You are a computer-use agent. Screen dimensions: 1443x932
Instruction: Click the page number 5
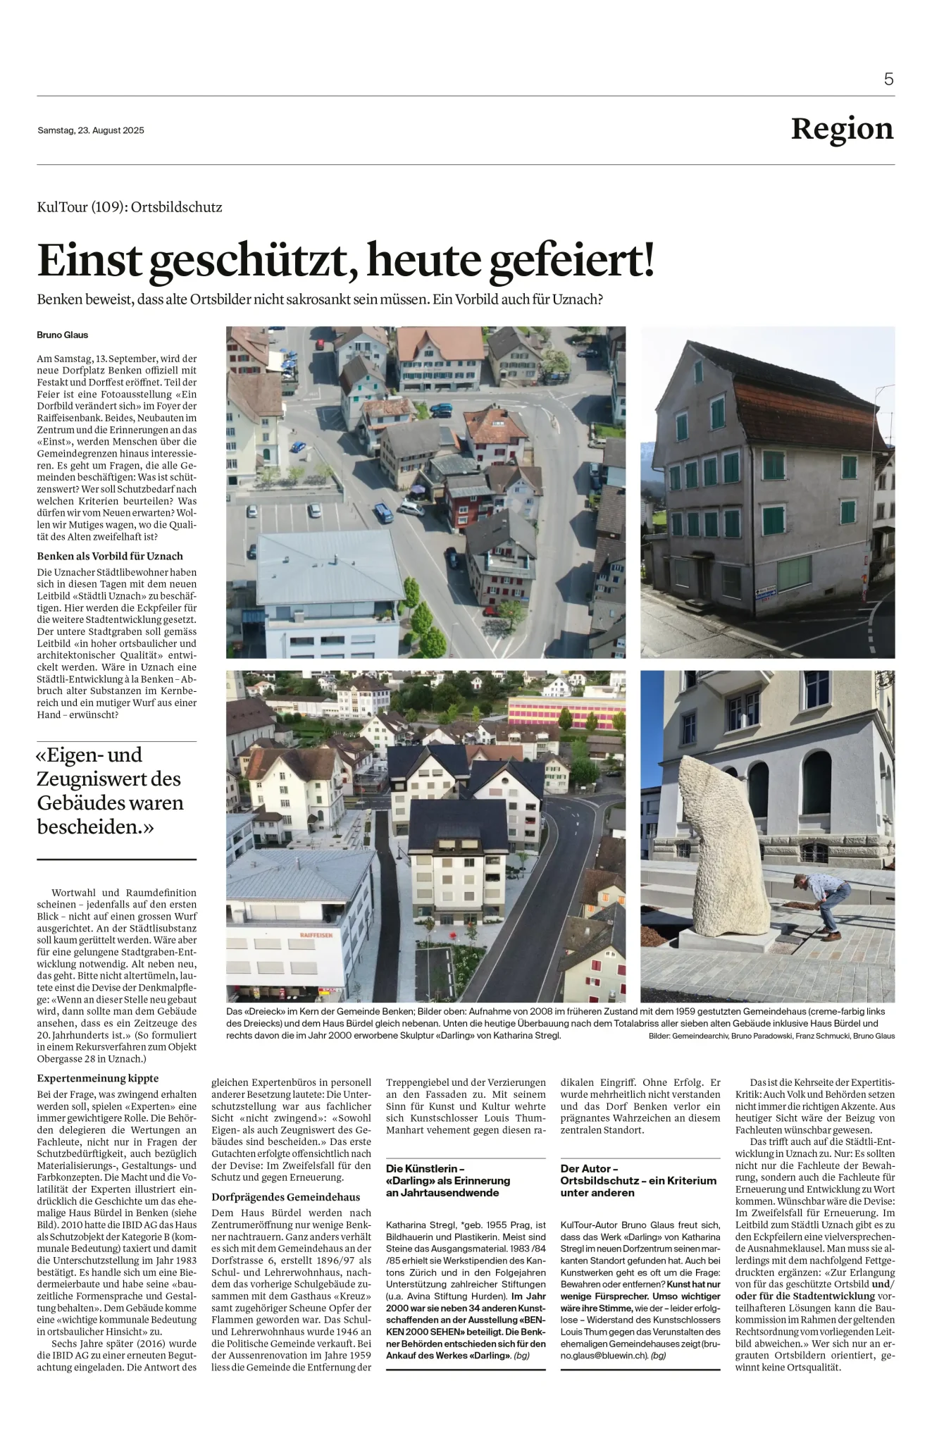(x=888, y=80)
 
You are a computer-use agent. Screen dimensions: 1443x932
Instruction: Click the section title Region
(x=842, y=129)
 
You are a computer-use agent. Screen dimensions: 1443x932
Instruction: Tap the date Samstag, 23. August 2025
(x=91, y=130)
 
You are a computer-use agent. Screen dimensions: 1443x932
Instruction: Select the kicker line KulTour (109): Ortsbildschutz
(x=130, y=207)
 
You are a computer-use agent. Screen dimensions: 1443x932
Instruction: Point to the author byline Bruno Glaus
(x=63, y=335)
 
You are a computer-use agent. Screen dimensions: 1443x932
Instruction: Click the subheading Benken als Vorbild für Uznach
(x=110, y=556)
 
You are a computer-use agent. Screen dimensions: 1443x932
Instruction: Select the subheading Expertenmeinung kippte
(x=98, y=1078)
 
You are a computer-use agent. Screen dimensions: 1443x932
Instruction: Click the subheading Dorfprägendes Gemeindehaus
(x=286, y=1196)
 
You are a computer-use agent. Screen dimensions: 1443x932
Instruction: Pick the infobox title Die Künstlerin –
(x=425, y=1168)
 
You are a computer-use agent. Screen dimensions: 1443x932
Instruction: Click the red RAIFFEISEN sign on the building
(x=316, y=934)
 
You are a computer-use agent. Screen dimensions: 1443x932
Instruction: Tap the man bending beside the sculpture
(x=821, y=905)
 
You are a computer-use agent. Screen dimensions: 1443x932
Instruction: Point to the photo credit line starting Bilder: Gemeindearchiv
(x=771, y=1036)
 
